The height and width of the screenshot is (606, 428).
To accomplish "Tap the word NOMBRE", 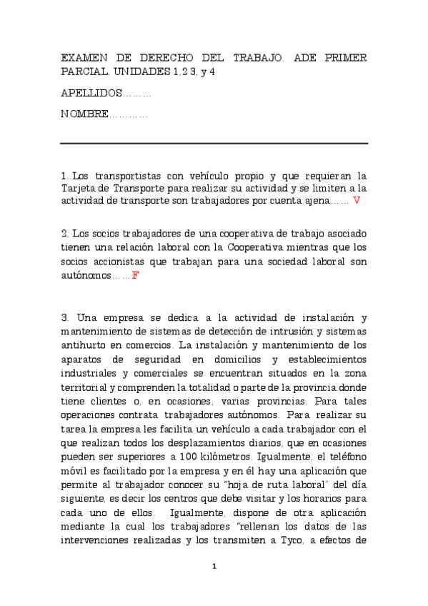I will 84,114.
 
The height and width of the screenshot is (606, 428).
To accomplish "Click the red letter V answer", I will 357,201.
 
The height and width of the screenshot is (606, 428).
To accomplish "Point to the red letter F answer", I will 135,274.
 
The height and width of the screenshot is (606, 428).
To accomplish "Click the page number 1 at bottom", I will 214,567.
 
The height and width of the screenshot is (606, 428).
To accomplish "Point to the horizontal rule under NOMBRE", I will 214,144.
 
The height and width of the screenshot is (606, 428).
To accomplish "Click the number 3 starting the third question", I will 64,317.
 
